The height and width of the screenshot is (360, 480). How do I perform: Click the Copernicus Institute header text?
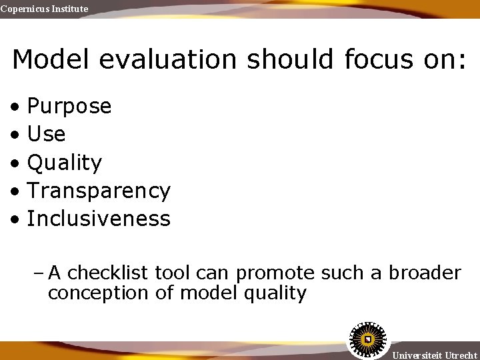point(44,9)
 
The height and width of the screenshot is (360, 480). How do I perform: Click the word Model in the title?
point(53,59)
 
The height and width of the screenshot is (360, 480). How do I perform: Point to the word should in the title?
point(290,59)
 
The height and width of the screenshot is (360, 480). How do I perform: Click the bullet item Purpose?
point(69,106)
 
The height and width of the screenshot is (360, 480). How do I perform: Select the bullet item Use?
point(46,134)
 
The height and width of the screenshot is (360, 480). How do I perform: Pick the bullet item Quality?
point(65,163)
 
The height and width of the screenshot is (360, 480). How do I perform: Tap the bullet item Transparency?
point(99,191)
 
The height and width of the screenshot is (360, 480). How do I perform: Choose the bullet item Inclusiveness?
point(99,219)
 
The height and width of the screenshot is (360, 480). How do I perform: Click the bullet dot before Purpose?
point(15,107)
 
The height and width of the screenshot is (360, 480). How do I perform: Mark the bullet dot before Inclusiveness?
point(15,219)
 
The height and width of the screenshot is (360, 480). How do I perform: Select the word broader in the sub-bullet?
point(425,273)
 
